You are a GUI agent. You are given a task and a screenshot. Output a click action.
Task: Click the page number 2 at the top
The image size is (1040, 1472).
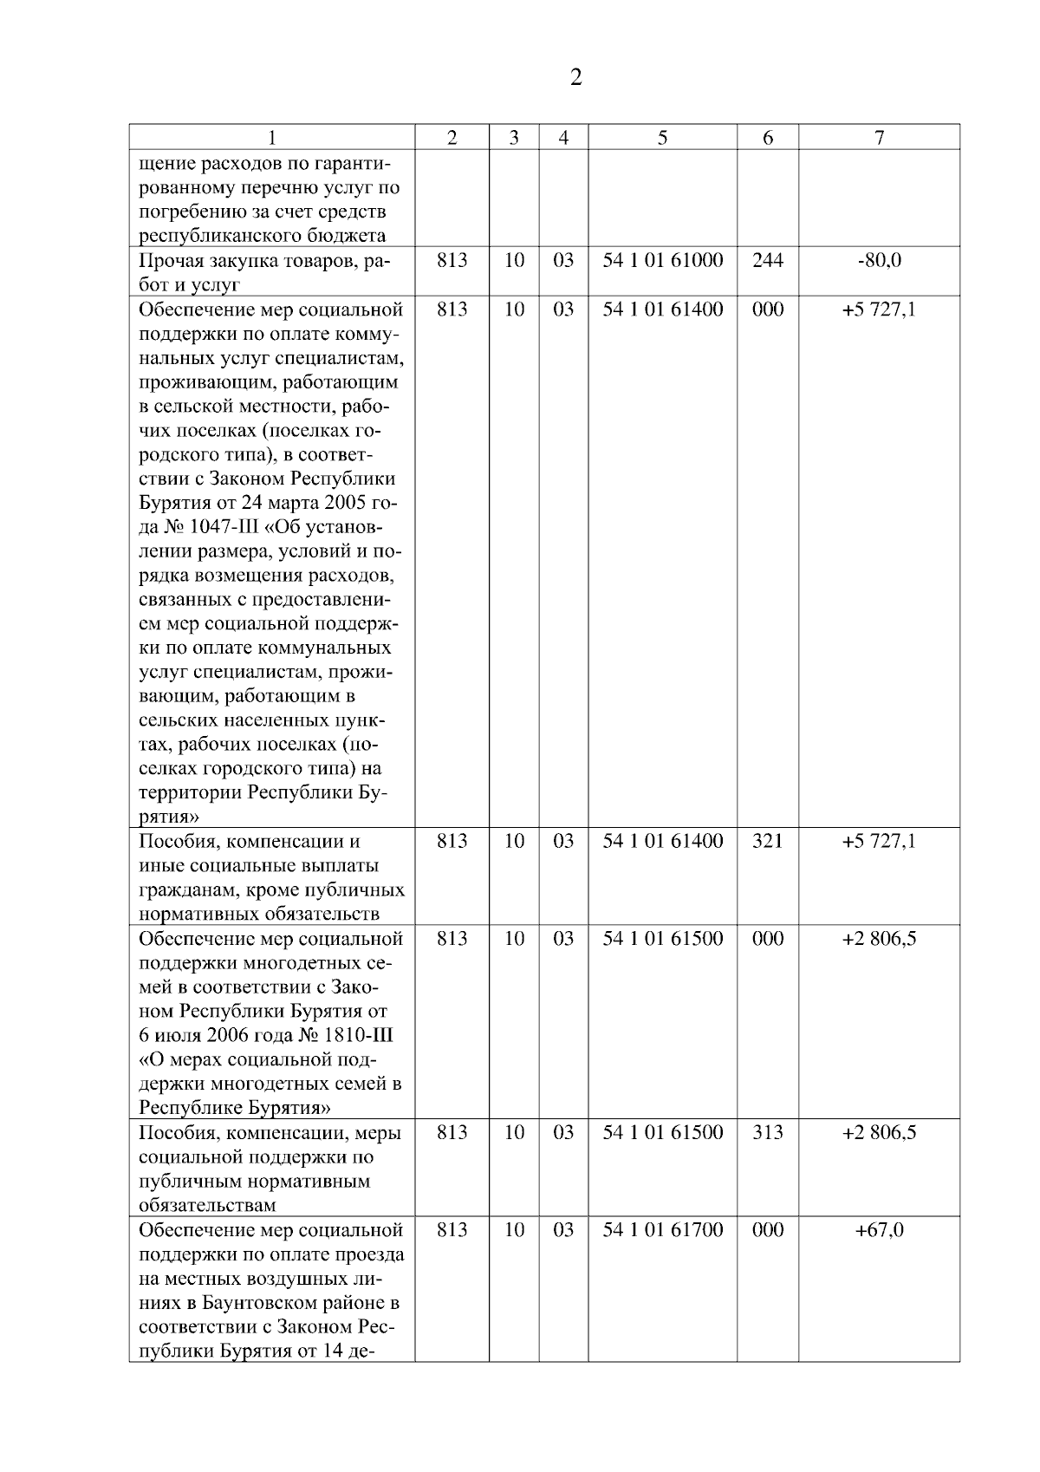pyautogui.click(x=576, y=78)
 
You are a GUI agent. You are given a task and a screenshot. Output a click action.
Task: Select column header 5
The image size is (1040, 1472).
pyautogui.click(x=662, y=138)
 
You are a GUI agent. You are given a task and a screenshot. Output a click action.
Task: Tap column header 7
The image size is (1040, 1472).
pyautogui.click(x=879, y=138)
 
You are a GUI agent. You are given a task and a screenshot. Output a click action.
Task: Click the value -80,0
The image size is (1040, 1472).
pyautogui.click(x=879, y=260)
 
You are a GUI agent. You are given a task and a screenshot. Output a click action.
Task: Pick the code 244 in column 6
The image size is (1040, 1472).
pyautogui.click(x=767, y=260)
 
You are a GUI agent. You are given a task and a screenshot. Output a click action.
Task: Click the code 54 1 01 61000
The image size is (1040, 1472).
pyautogui.click(x=662, y=260)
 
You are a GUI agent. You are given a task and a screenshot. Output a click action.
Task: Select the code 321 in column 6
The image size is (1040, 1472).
pyautogui.click(x=767, y=841)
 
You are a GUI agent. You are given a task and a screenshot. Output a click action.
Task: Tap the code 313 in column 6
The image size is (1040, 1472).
pyautogui.click(x=767, y=1132)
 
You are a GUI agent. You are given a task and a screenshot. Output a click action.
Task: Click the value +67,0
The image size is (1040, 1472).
pyautogui.click(x=879, y=1229)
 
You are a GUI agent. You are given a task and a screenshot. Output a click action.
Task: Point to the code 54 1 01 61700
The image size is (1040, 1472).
pyautogui.click(x=662, y=1229)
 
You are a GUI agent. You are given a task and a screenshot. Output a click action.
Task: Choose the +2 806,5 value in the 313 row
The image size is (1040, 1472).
pyautogui.click(x=879, y=1132)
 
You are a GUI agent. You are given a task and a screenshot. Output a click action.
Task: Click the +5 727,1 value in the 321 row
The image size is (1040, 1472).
pyautogui.click(x=879, y=841)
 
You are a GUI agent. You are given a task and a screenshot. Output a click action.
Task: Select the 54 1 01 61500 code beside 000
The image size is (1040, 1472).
pyautogui.click(x=662, y=938)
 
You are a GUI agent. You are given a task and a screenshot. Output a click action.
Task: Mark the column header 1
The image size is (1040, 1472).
pyautogui.click(x=272, y=138)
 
